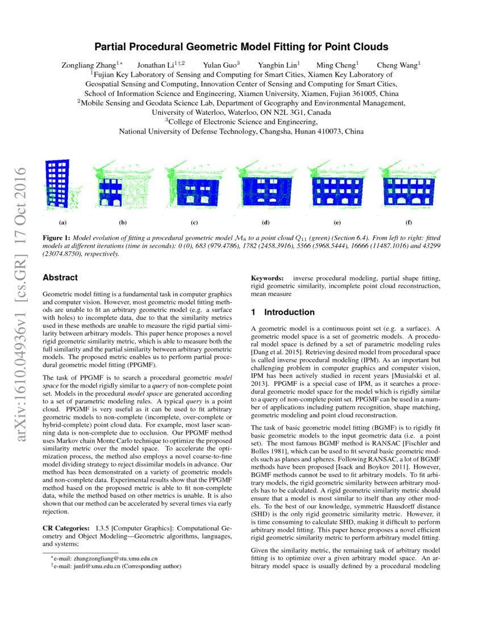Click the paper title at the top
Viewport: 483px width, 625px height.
coord(241,47)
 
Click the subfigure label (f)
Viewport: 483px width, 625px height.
coord(409,222)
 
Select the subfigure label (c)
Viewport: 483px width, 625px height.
coord(194,222)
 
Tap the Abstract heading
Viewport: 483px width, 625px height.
coord(60,278)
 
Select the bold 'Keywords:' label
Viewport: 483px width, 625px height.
coord(267,278)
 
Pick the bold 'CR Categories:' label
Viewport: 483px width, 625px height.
coord(66,528)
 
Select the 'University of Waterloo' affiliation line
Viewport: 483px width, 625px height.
coord(241,112)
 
